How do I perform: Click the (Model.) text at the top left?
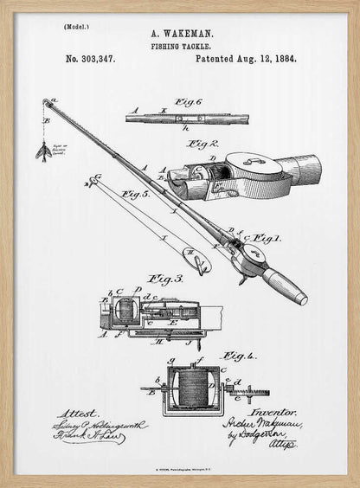pyautogui.click(x=76, y=28)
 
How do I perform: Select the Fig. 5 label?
pyautogui.click(x=136, y=194)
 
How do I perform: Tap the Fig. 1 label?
pyautogui.click(x=264, y=236)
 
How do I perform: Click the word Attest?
pyautogui.click(x=79, y=414)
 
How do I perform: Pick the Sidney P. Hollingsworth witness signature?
pyautogui.click(x=100, y=426)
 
